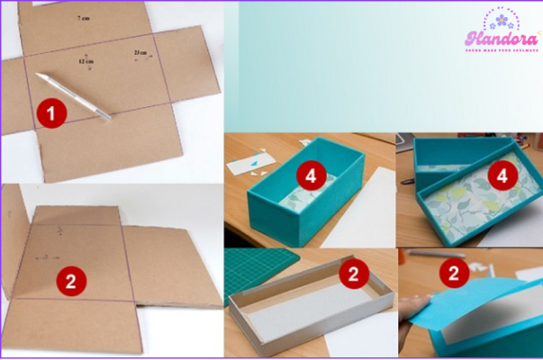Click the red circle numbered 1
click(50, 112)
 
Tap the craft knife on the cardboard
click(72, 96)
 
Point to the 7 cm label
click(84, 18)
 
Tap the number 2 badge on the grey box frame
click(355, 274)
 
